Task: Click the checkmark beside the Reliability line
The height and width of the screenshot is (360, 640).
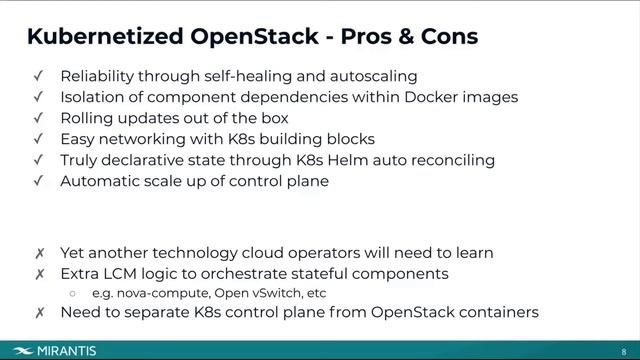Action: click(x=38, y=76)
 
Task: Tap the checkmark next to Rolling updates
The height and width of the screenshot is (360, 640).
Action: click(x=38, y=118)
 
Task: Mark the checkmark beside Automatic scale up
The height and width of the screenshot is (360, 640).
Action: click(x=38, y=181)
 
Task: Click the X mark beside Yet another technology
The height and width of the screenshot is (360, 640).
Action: click(x=38, y=253)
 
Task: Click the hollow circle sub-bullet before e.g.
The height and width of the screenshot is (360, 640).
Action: click(x=73, y=293)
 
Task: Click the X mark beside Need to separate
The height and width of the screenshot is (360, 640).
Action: click(x=38, y=313)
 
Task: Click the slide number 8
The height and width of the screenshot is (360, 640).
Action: click(x=624, y=351)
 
